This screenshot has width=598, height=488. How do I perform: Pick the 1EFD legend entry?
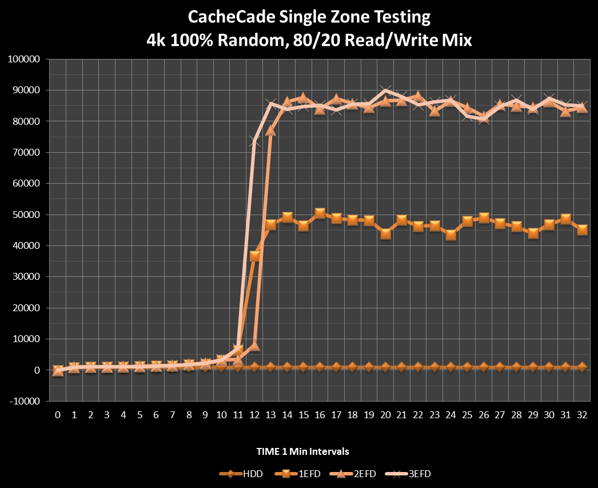pyautogui.click(x=289, y=473)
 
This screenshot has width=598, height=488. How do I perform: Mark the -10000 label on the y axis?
pyautogui.click(x=23, y=401)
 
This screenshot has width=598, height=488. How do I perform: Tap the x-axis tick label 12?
pyautogui.click(x=254, y=414)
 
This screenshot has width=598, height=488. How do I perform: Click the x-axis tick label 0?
pyautogui.click(x=58, y=414)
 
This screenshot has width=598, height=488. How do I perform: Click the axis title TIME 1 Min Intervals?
pyautogui.click(x=302, y=451)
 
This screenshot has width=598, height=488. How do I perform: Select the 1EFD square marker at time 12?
pyautogui.click(x=254, y=256)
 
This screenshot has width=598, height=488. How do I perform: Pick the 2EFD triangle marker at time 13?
pyautogui.click(x=271, y=130)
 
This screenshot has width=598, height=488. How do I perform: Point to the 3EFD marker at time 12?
pyautogui.click(x=254, y=141)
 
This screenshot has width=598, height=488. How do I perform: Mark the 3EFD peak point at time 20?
pyautogui.click(x=386, y=90)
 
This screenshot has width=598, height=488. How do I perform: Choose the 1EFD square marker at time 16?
pyautogui.click(x=320, y=213)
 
